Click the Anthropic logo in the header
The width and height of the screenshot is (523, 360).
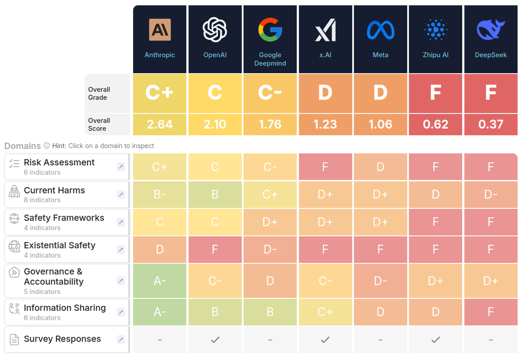point(160,30)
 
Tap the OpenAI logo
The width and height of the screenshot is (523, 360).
point(215,29)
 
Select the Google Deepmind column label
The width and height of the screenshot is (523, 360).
point(270,59)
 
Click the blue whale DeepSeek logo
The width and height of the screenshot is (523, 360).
point(491,30)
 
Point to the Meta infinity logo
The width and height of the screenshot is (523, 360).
point(380,30)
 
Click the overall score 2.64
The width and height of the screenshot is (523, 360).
point(160,124)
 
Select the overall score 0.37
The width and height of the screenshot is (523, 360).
point(491,124)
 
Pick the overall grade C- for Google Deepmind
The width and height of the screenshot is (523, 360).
point(270,93)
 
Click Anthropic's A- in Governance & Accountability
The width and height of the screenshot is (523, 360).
point(160,281)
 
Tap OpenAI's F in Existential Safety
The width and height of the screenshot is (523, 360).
point(215,249)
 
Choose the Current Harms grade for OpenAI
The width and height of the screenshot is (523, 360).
point(215,194)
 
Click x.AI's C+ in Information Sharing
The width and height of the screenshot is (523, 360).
point(325,312)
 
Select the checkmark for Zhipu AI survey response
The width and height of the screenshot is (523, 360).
point(435,340)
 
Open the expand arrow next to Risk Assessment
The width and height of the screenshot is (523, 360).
point(121,167)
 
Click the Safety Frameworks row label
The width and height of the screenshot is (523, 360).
point(64,218)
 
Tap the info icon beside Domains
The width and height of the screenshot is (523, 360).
point(46,146)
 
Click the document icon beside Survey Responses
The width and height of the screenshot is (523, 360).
point(14,339)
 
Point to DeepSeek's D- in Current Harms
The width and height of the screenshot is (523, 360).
point(491,194)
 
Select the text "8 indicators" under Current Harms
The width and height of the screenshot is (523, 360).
point(42,200)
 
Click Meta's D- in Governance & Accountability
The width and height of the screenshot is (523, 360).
point(380,281)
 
